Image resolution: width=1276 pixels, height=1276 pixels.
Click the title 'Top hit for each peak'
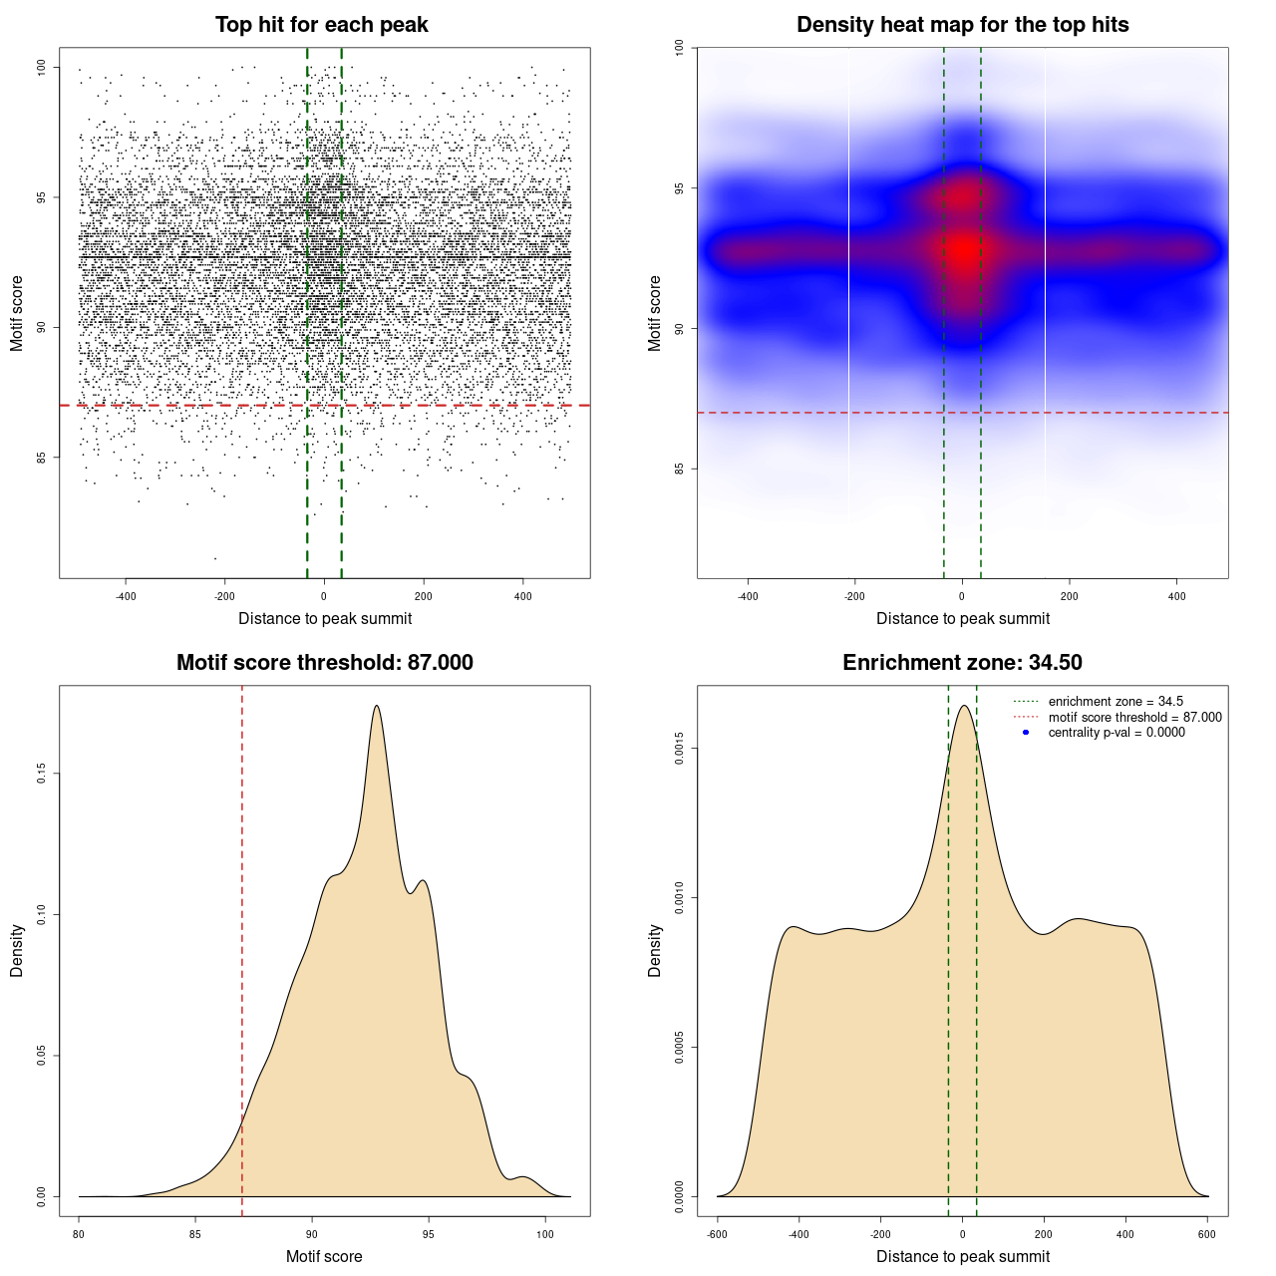(322, 25)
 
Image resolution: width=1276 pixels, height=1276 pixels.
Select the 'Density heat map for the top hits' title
(962, 25)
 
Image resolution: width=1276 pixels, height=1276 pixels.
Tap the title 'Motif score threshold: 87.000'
(324, 663)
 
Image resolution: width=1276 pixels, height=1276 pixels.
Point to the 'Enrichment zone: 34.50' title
(962, 663)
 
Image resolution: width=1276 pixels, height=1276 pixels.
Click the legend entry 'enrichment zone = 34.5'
(1116, 702)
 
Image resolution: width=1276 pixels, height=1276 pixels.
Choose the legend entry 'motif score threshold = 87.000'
(1134, 717)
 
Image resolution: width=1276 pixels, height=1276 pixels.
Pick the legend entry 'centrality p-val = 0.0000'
(1116, 732)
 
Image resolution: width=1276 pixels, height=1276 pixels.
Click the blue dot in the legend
(1026, 732)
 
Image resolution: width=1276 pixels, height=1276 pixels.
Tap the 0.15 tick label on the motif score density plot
(42, 774)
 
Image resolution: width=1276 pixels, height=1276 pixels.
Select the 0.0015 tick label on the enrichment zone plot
(680, 749)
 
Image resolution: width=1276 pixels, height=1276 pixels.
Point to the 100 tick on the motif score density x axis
(544, 1234)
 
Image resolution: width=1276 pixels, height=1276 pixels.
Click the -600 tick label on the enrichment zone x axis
(717, 1234)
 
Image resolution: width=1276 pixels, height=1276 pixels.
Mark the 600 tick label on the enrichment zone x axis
(1207, 1234)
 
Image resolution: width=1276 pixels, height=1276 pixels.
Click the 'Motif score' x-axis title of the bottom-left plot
(324, 1256)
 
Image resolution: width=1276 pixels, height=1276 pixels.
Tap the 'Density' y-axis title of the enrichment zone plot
(655, 950)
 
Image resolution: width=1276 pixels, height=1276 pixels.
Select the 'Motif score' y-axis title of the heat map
(655, 313)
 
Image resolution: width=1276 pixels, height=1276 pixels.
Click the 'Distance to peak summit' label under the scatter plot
(325, 618)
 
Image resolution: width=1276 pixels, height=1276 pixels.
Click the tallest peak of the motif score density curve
(376, 707)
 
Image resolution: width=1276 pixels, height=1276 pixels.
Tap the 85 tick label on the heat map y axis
(680, 469)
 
